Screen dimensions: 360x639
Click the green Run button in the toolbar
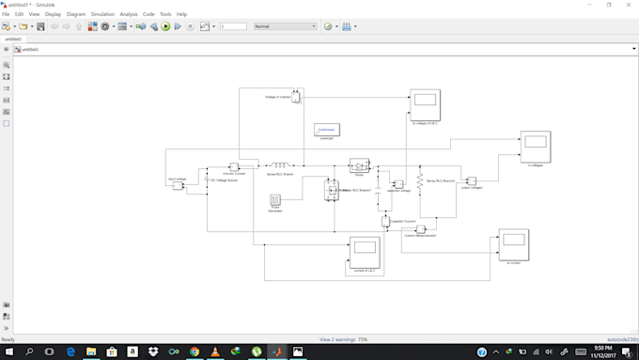pyautogui.click(x=165, y=26)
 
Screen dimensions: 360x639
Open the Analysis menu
pyautogui.click(x=129, y=14)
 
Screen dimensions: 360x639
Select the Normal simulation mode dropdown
pyautogui.click(x=285, y=26)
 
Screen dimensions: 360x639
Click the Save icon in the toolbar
pyautogui.click(x=40, y=26)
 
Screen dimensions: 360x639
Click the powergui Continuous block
pyautogui.click(x=327, y=130)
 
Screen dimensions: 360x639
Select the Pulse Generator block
pyautogui.click(x=276, y=200)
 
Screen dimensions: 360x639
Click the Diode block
pyautogui.click(x=359, y=165)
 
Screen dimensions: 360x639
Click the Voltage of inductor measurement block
pyautogui.click(x=295, y=96)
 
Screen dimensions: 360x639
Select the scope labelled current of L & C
pyautogui.click(x=364, y=251)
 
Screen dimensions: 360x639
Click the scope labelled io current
pyautogui.click(x=513, y=244)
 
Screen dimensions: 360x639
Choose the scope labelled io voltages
pyautogui.click(x=536, y=147)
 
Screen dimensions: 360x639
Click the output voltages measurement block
pyautogui.click(x=472, y=180)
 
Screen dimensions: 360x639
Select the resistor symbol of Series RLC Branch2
pyautogui.click(x=421, y=180)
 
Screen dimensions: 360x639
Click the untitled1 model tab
pyautogui.click(x=14, y=39)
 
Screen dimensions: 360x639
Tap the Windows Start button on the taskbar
pyautogui.click(x=8, y=352)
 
